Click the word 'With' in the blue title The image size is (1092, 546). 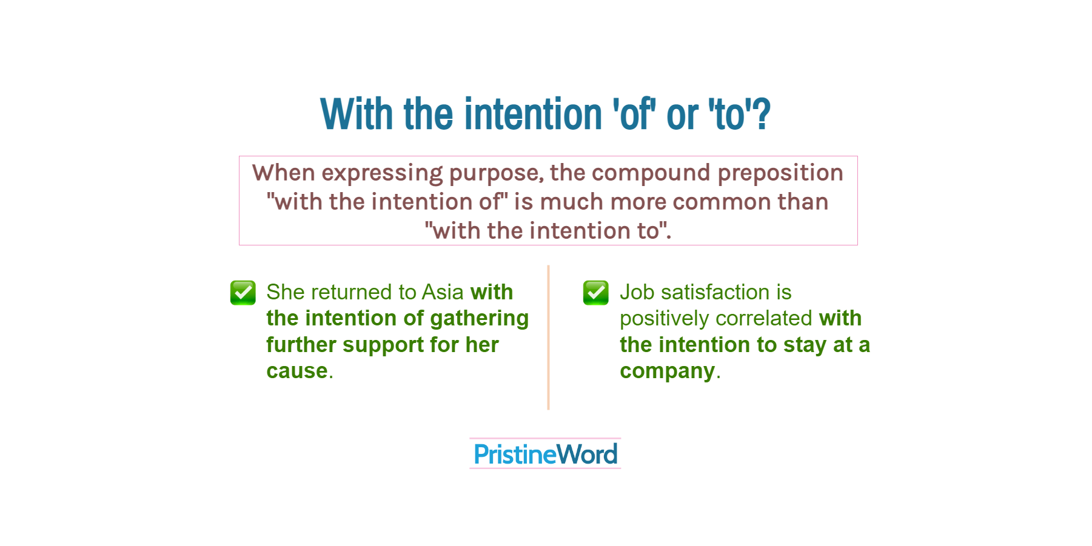click(357, 115)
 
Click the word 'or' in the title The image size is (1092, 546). click(682, 115)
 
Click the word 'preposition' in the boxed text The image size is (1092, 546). click(780, 173)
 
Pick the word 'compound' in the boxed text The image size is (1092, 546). click(651, 173)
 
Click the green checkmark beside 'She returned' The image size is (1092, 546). click(243, 293)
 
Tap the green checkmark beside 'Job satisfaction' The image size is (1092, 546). click(595, 293)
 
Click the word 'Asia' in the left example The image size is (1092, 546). click(443, 292)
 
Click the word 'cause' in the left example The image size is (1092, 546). click(297, 371)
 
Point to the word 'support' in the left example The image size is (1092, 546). click(383, 345)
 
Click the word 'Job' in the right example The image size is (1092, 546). click(637, 293)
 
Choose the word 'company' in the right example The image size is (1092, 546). click(667, 371)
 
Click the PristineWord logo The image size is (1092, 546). click(545, 454)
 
